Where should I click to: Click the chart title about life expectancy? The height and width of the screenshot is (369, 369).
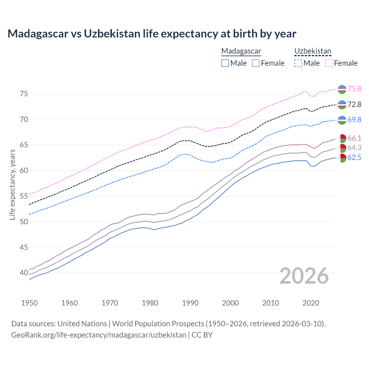pyautogui.click(x=152, y=34)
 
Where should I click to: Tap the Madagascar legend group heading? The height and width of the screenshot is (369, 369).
pyautogui.click(x=241, y=51)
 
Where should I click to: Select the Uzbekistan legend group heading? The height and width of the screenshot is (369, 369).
pyautogui.click(x=312, y=51)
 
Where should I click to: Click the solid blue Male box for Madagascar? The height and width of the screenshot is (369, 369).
pyautogui.click(x=225, y=63)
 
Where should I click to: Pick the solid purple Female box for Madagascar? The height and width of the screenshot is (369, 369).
pyautogui.click(x=256, y=63)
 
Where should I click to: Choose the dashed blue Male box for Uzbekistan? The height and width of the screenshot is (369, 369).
pyautogui.click(x=298, y=63)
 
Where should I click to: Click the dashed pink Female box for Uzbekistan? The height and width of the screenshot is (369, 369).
pyautogui.click(x=329, y=63)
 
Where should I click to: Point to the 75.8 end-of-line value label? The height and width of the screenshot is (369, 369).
pyautogui.click(x=354, y=89)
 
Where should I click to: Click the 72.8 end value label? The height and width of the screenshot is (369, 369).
pyautogui.click(x=354, y=104)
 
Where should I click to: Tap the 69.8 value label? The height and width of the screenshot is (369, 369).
pyautogui.click(x=354, y=120)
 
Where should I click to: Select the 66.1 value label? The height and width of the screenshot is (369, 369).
pyautogui.click(x=354, y=138)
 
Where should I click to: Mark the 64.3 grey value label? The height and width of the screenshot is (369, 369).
pyautogui.click(x=354, y=148)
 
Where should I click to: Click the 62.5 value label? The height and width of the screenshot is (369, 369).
pyautogui.click(x=354, y=158)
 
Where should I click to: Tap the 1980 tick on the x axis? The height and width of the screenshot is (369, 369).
pyautogui.click(x=150, y=303)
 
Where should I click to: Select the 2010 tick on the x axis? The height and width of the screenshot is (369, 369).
pyautogui.click(x=270, y=303)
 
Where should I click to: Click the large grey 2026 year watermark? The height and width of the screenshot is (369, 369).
pyautogui.click(x=304, y=276)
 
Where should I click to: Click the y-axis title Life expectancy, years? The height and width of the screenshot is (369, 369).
pyautogui.click(x=12, y=184)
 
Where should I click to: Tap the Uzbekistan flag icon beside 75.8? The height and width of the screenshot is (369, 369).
pyautogui.click(x=342, y=89)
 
